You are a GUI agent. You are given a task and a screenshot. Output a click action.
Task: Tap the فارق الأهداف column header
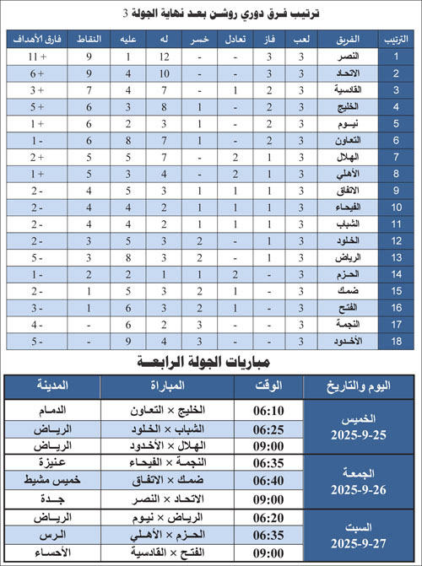click(x=31, y=40)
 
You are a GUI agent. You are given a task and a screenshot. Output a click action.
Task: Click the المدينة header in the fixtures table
click(x=51, y=386)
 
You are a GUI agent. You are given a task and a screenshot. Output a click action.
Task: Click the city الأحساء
click(x=51, y=553)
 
